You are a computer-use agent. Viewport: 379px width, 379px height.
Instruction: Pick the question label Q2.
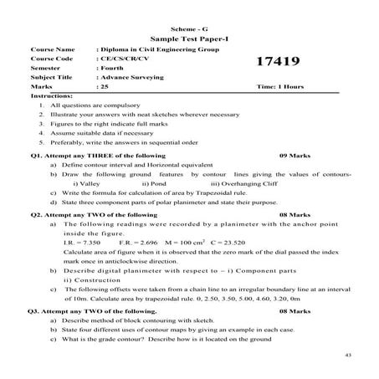(x=34, y=215)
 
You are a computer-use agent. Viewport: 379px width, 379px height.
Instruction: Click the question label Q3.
(x=34, y=310)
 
